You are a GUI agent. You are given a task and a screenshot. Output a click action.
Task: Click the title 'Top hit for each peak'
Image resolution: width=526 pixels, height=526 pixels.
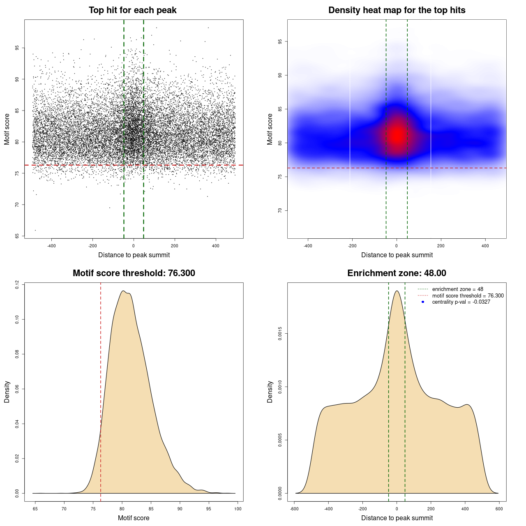132,10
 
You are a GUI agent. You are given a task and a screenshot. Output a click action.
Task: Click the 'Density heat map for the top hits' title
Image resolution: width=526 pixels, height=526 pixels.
397,10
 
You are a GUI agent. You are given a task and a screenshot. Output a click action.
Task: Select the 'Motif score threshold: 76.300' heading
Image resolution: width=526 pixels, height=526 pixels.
134,273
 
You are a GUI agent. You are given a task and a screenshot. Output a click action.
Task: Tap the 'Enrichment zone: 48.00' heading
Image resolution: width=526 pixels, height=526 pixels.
397,273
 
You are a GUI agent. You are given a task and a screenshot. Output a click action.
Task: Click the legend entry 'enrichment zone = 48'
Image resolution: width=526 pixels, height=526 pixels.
457,289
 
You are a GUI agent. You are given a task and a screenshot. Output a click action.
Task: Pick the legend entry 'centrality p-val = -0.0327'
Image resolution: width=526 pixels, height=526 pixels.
461,302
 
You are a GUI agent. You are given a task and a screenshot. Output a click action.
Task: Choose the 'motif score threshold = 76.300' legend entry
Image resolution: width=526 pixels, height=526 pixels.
468,296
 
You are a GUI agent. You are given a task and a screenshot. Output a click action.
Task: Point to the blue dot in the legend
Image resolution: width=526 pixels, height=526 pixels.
423,302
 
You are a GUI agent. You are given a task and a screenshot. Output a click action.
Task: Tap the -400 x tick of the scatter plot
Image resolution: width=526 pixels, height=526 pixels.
51,246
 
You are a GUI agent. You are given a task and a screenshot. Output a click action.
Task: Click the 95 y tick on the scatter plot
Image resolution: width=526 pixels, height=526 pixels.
17,48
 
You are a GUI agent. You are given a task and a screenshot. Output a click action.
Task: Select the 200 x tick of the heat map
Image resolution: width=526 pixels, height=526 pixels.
441,246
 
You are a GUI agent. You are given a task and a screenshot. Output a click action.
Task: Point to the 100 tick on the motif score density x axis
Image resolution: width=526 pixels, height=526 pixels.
238,509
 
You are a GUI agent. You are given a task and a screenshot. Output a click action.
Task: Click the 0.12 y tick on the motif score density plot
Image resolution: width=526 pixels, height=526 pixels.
17,284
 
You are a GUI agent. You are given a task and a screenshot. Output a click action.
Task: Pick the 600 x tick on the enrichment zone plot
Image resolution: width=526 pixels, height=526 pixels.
499,509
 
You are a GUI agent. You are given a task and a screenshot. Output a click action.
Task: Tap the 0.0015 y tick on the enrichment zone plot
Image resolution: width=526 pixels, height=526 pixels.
280,334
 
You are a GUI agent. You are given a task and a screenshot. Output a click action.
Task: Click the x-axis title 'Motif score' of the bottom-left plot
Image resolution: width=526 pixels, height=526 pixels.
134,518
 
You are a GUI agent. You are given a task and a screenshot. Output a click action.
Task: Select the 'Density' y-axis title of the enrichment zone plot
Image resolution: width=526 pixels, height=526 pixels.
270,392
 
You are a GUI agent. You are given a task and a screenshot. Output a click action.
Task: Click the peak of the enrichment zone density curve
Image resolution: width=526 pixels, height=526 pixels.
397,291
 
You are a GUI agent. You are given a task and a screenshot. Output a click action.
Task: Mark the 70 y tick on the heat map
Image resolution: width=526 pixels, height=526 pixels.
280,210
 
